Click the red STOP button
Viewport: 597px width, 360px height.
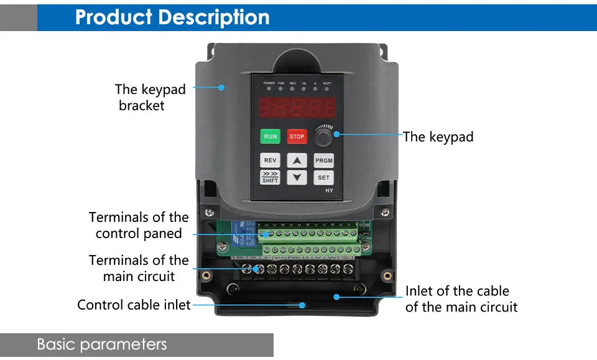[x=297, y=137]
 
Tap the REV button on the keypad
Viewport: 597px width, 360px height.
[x=270, y=160]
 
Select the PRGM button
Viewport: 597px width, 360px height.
[x=323, y=160]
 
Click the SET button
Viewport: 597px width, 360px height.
[x=323, y=177]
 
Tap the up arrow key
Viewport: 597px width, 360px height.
[x=297, y=160]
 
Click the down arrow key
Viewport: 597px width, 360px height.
[x=297, y=177]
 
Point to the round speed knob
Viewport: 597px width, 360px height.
[x=323, y=136]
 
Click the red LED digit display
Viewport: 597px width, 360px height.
[x=297, y=108]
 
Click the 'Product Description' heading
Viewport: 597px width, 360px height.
[x=172, y=17]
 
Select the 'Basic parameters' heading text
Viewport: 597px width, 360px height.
[x=102, y=344]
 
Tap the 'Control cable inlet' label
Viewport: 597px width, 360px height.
[x=134, y=305]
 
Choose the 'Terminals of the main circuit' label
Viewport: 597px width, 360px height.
[x=139, y=268]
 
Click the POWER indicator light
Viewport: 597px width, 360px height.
[x=269, y=88]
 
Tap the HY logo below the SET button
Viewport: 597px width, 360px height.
[x=329, y=190]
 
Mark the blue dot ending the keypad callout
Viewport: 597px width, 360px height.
[x=337, y=132]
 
